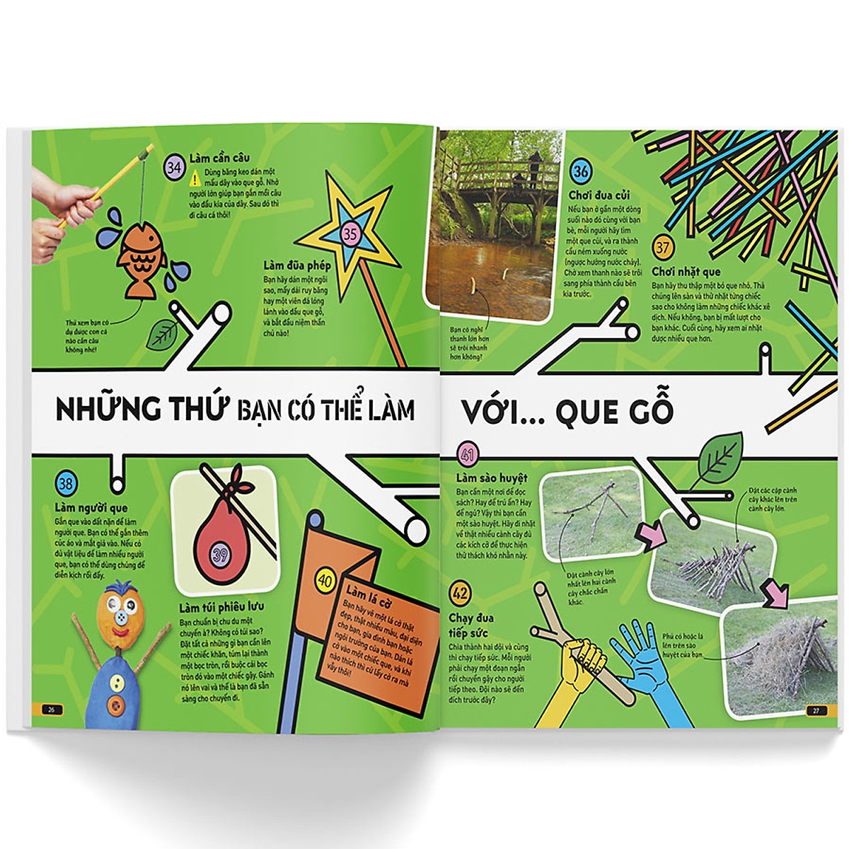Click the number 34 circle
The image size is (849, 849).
(x=174, y=168)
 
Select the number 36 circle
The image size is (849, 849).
(x=581, y=171)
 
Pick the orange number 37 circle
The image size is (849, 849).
(x=662, y=248)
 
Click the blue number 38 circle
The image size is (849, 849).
(x=65, y=485)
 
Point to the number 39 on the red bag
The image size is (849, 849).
(x=221, y=555)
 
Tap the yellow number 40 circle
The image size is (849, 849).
(x=325, y=581)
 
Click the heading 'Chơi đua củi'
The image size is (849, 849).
(x=599, y=195)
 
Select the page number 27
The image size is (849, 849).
(x=815, y=710)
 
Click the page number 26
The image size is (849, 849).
(x=50, y=710)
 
